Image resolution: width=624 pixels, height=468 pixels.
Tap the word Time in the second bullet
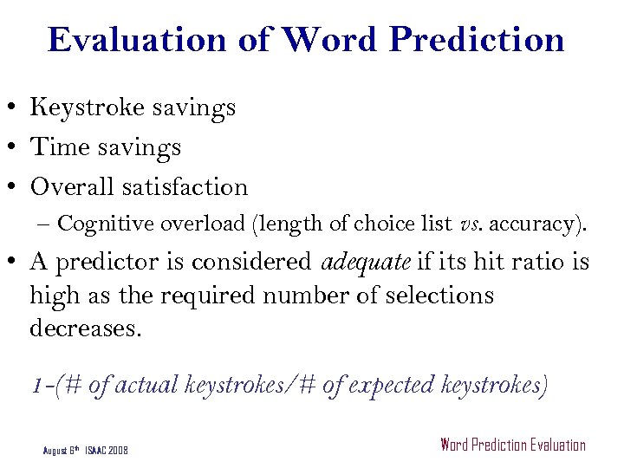tap(57, 147)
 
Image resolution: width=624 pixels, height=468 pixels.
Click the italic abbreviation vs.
tap(471, 224)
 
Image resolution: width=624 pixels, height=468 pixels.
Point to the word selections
tap(432, 296)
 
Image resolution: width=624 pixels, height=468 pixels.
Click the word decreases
tap(83, 328)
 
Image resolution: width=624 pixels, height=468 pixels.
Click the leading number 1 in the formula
tap(36, 385)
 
